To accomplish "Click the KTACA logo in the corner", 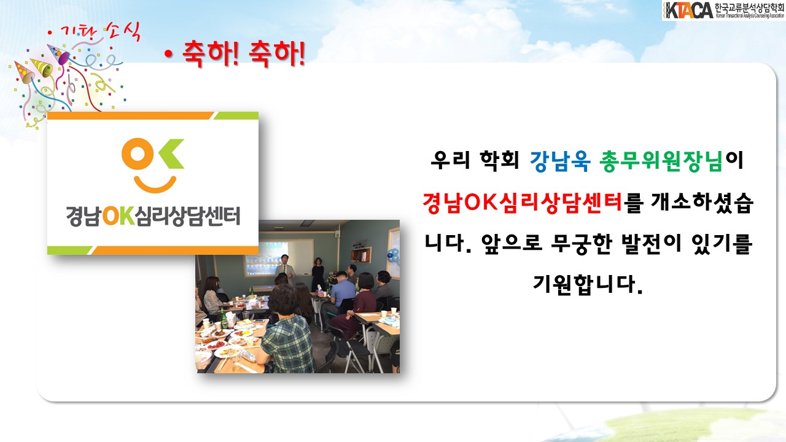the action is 723,10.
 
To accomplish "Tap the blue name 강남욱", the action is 560,161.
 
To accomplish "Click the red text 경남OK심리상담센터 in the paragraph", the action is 523,203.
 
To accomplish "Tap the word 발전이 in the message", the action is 652,243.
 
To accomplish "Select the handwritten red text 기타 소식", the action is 96,33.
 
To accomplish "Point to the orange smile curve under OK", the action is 155,185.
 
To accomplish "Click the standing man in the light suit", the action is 286,268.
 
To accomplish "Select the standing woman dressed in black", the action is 318,274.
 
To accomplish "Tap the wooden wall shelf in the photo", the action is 361,252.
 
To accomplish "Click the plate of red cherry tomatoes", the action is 216,345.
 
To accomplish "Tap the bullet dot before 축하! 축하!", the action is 169,54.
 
